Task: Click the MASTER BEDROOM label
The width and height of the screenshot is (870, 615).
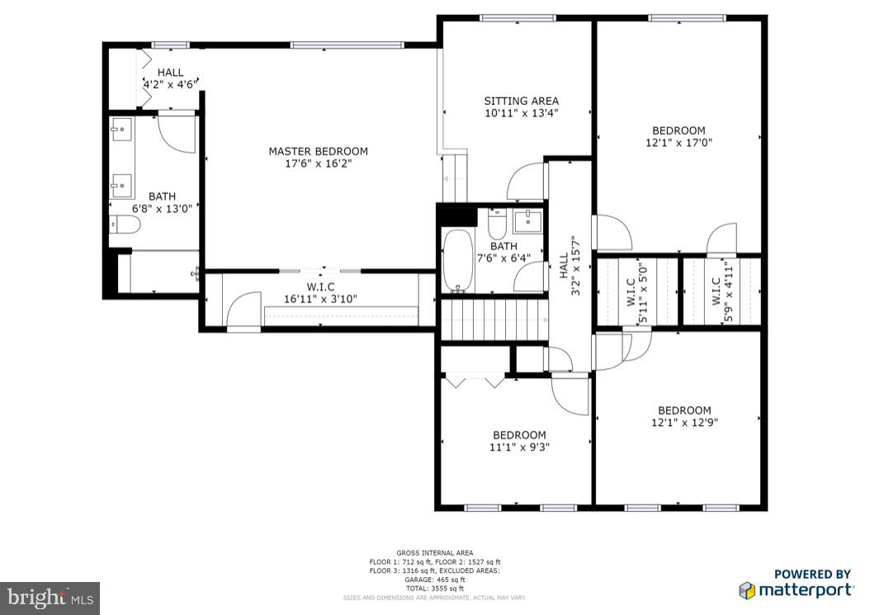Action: click(318, 151)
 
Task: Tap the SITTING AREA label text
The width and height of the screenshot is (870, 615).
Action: click(521, 102)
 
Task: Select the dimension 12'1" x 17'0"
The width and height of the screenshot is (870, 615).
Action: click(679, 142)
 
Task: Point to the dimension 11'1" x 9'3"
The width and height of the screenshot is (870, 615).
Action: click(519, 447)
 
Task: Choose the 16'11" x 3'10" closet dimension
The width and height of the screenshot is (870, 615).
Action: click(320, 299)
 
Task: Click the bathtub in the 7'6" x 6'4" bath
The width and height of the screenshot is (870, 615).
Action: click(456, 260)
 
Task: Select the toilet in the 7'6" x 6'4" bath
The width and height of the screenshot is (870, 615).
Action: click(498, 224)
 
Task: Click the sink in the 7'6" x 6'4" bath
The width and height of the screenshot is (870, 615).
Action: click(527, 221)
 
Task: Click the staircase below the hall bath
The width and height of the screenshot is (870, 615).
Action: click(494, 319)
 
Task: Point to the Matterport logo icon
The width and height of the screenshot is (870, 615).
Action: click(747, 589)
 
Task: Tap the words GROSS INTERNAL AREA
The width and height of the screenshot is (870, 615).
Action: click(434, 552)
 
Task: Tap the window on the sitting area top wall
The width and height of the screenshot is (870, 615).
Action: click(518, 18)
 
